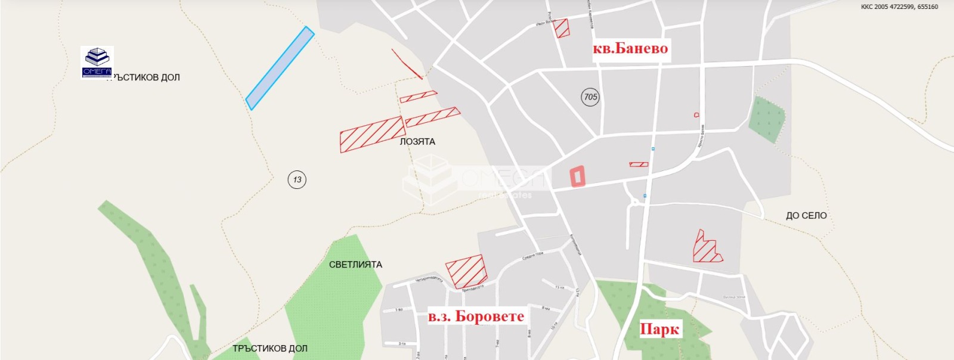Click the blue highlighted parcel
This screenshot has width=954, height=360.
click(x=280, y=68)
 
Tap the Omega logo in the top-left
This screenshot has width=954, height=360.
click(x=97, y=62)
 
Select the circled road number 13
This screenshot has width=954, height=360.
click(x=297, y=179)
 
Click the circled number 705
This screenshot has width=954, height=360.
click(x=590, y=97)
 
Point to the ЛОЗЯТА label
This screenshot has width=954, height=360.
click(x=417, y=142)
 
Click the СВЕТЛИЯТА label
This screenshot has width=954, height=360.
click(x=355, y=265)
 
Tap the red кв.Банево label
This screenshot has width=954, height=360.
click(x=630, y=48)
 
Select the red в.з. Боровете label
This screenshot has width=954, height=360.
click(x=476, y=316)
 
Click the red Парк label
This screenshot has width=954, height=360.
click(x=659, y=329)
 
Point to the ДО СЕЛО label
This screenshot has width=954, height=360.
click(x=806, y=216)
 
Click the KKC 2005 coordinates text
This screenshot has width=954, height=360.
click(x=899, y=7)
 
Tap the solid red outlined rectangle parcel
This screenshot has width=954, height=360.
click(x=577, y=176)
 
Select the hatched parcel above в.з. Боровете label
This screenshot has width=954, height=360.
click(x=466, y=272)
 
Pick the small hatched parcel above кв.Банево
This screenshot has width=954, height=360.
click(x=562, y=28)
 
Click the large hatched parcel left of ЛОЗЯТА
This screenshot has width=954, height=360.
click(x=372, y=134)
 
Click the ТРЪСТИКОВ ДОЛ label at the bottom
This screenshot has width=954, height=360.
click(x=270, y=349)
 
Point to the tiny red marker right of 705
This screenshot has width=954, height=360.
click(x=696, y=114)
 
